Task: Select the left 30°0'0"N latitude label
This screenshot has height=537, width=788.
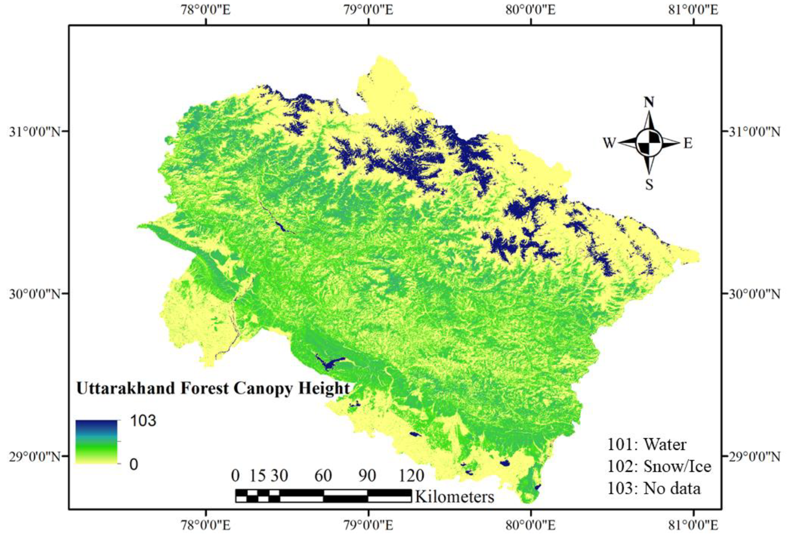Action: point(35,294)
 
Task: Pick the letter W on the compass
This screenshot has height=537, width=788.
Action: point(609,143)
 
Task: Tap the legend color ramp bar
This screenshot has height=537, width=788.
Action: point(96,442)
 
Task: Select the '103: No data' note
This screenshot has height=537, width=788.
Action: point(653,488)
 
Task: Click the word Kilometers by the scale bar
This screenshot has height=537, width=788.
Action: point(454,497)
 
